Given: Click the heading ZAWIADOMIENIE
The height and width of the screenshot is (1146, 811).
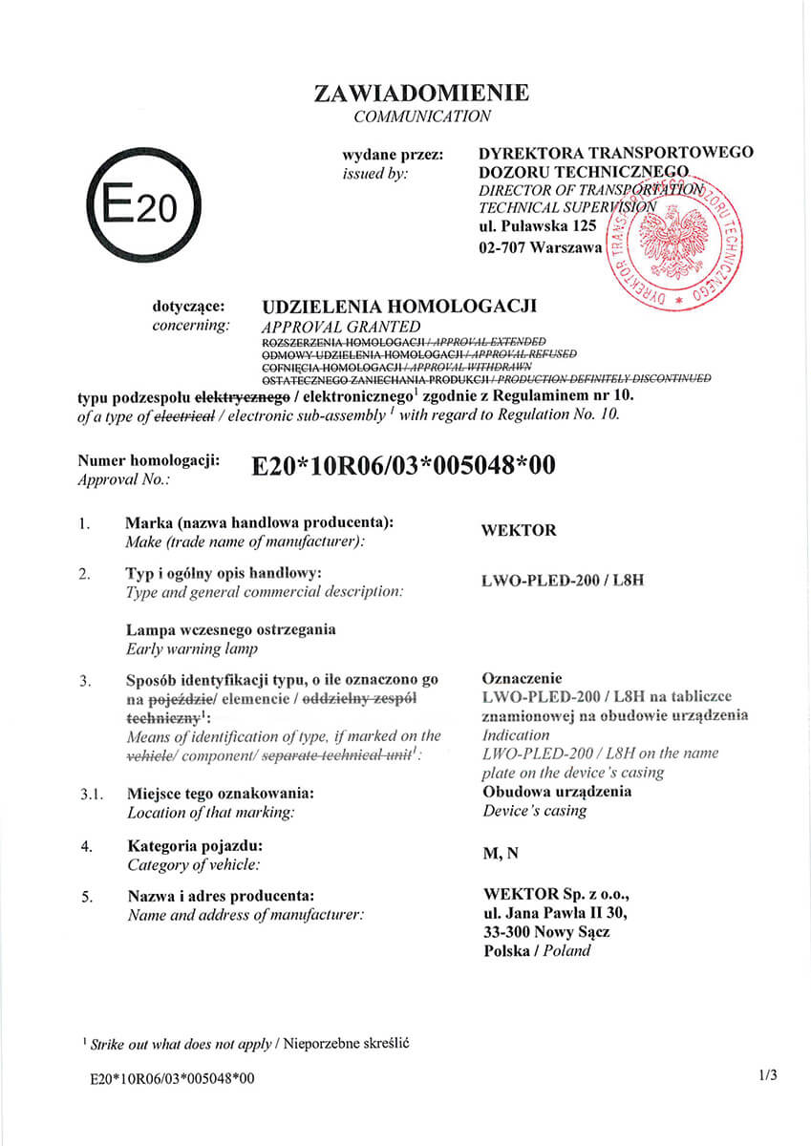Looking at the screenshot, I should tap(421, 94).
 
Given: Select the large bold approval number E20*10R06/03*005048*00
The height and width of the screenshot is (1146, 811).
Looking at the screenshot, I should tap(402, 465).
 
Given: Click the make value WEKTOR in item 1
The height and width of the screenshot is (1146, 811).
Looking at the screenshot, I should tap(520, 531).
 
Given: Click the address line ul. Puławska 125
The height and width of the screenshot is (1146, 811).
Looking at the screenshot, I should tap(537, 226).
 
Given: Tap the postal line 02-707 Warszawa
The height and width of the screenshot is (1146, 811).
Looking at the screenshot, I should tap(540, 248).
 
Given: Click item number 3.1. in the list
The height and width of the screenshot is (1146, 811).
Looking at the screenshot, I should tap(91, 794).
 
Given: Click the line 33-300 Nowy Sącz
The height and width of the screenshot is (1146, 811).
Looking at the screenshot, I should tap(547, 931).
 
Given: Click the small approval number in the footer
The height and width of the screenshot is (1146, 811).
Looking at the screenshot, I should tap(172, 1078).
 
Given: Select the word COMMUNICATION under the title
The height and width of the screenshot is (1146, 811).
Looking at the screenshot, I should tap(421, 117).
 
